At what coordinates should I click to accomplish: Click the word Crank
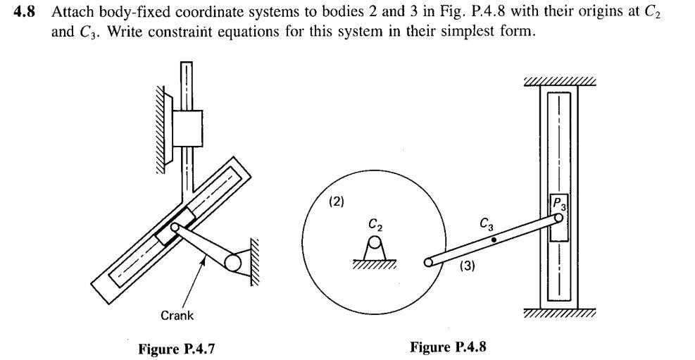coord(177,315)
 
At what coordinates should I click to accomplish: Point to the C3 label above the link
coord(486,225)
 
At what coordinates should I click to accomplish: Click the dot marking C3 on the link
coord(493,240)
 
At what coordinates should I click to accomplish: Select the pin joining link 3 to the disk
coord(427,262)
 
